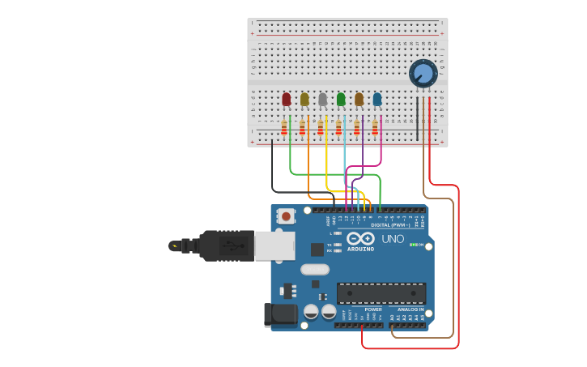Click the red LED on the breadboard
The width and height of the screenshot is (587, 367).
[x=286, y=99]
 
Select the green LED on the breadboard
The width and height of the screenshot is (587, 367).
[x=341, y=99]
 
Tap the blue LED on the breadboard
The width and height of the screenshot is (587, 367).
[x=377, y=99]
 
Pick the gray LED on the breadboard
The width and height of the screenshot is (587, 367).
[x=322, y=99]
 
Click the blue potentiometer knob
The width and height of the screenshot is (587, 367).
[x=423, y=74]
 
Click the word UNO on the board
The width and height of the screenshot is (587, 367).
[x=393, y=240]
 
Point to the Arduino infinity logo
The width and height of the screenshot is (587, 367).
[x=360, y=238]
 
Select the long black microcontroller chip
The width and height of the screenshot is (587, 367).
[x=381, y=292]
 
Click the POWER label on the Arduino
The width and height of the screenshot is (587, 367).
[x=373, y=309]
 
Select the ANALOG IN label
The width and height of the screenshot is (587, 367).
[x=410, y=309]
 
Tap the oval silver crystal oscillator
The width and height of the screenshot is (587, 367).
[x=315, y=270]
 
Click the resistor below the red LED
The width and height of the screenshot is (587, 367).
[x=284, y=127]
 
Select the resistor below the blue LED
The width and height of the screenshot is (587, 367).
[x=375, y=127]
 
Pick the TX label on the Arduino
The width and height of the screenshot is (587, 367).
[x=330, y=244]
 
